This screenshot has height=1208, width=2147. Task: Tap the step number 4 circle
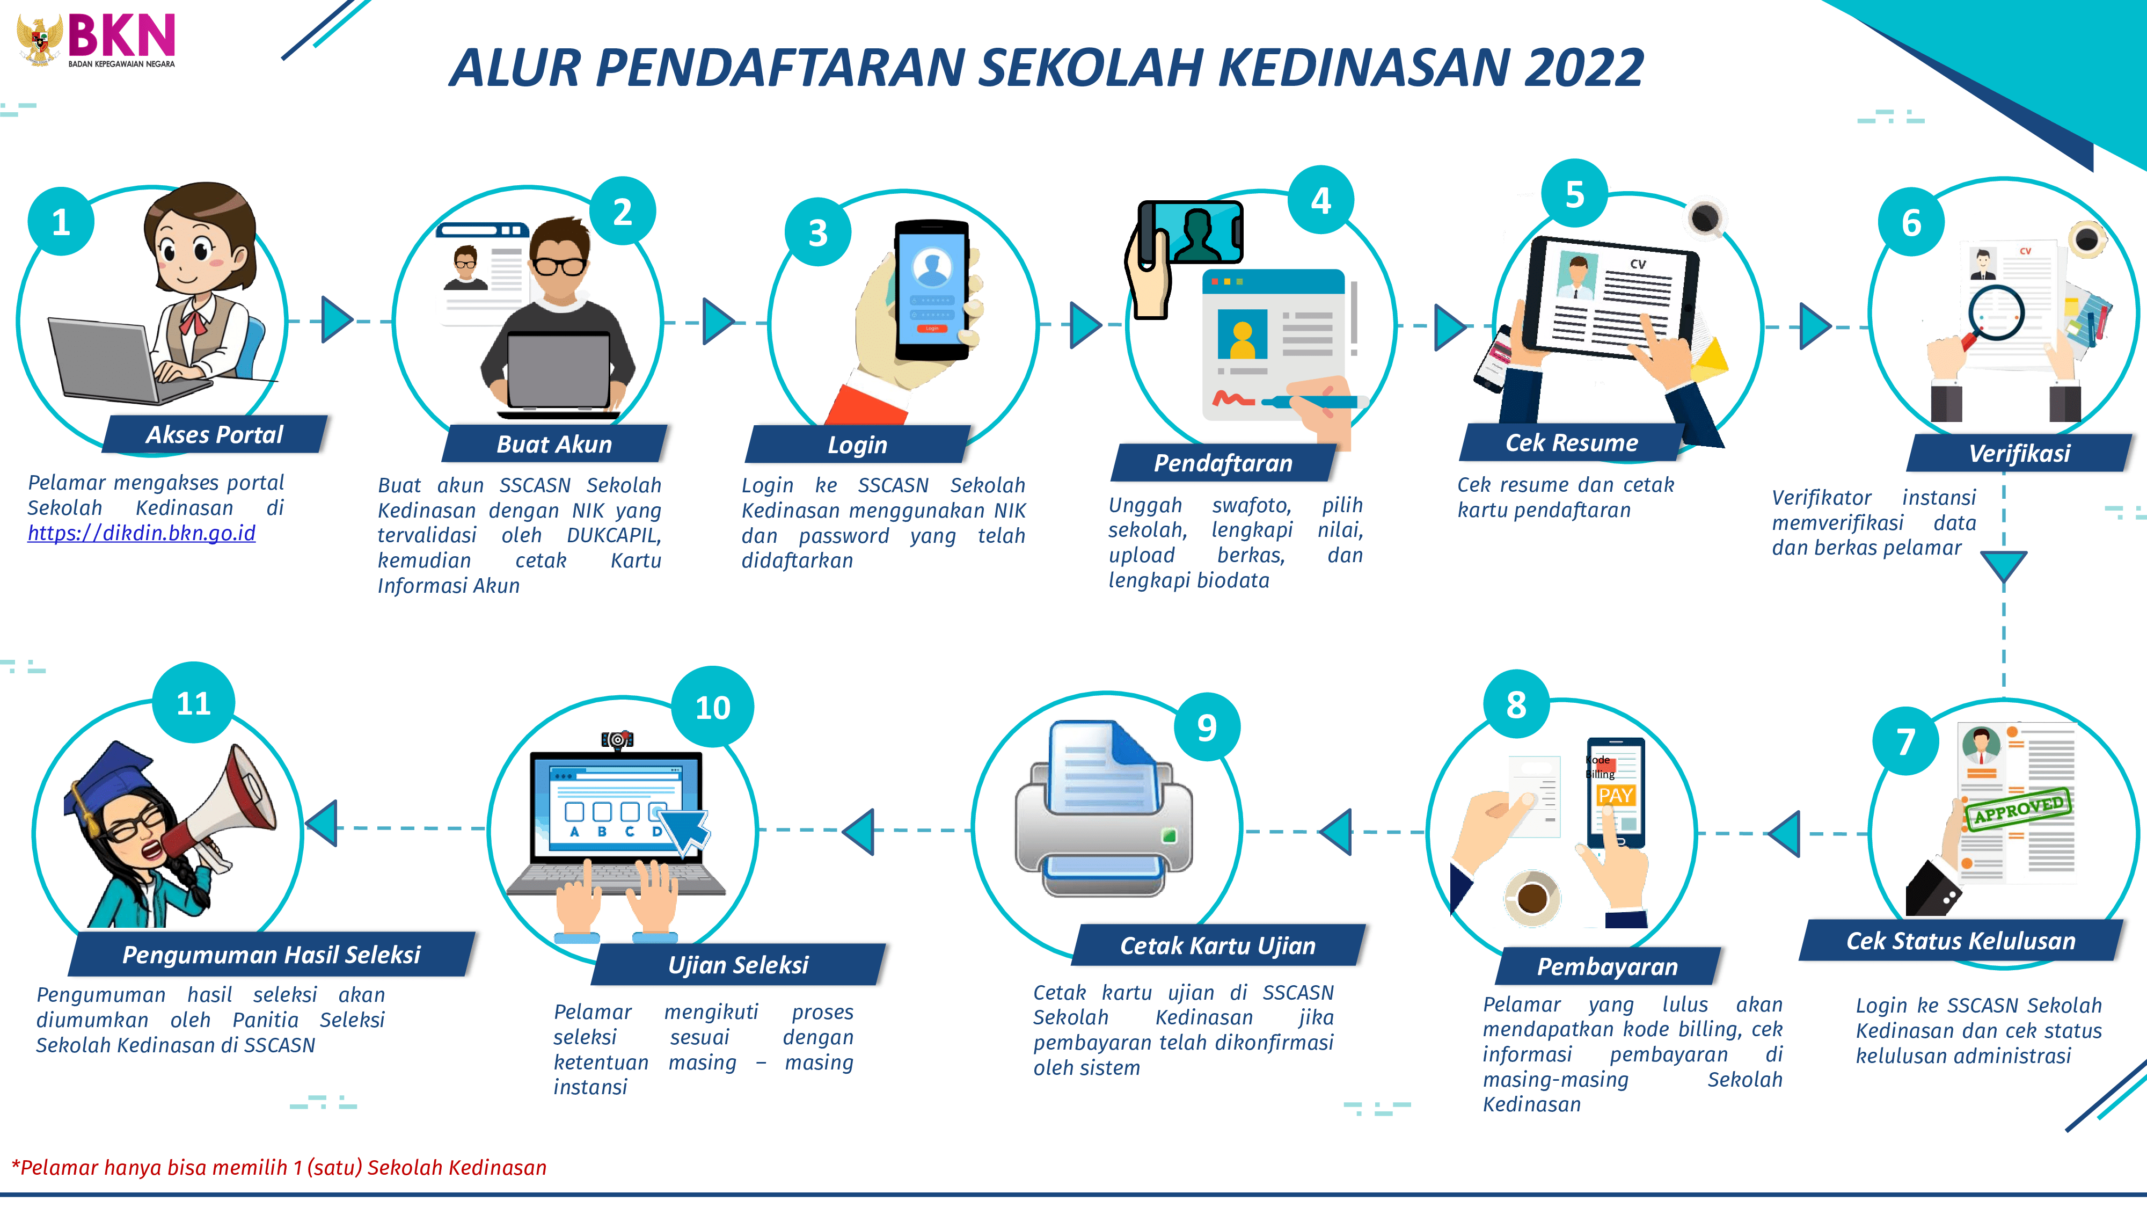(1321, 201)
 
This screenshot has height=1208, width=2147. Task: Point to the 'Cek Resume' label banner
(1571, 443)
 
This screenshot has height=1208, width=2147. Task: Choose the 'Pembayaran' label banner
(1607, 966)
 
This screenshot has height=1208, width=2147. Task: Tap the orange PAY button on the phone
(1615, 795)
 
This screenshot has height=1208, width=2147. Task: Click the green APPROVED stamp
(2018, 809)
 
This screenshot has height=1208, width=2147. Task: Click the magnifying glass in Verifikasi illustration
(1995, 314)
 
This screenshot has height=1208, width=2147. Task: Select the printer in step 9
(1102, 813)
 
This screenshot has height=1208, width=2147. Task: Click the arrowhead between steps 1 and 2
(337, 320)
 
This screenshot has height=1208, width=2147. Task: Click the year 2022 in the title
(1583, 68)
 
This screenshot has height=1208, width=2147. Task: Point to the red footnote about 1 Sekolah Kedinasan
(279, 1167)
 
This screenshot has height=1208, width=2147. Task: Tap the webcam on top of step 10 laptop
(618, 739)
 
